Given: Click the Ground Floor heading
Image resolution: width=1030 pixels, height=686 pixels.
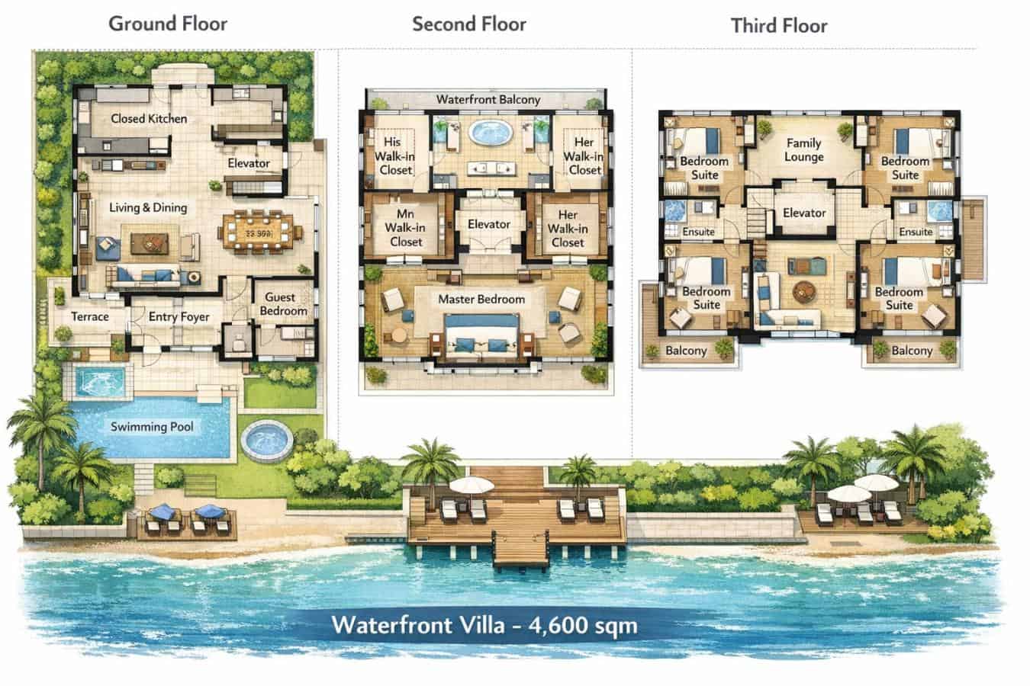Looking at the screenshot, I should tap(168, 24).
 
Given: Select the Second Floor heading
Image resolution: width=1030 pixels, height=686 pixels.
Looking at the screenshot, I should tap(468, 24).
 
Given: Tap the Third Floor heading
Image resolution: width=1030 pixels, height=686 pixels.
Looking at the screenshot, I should tap(778, 26).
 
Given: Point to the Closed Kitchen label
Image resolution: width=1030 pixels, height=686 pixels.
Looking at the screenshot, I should tap(149, 118).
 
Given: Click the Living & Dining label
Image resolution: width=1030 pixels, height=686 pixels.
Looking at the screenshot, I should tap(147, 207).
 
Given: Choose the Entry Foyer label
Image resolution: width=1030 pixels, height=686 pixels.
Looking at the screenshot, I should tap(179, 316).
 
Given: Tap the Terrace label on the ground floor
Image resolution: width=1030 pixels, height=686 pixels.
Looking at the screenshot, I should tap(90, 316).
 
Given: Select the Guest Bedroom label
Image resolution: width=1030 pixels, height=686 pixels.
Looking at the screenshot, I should tap(283, 304).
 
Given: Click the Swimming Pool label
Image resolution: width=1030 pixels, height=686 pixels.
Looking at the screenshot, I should tap(152, 427).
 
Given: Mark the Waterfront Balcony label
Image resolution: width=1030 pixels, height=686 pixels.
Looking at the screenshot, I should tap(488, 99).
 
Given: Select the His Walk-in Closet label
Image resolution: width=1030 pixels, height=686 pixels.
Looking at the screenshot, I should tap(394, 155).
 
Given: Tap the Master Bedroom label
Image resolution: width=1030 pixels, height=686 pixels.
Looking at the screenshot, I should tap(481, 299).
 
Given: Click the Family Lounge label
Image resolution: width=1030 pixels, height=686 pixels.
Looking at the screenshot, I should tap(803, 149).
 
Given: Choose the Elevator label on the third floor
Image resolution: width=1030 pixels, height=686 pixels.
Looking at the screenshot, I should tap(804, 213).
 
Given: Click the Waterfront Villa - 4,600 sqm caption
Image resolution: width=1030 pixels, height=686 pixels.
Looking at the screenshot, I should tap(484, 626).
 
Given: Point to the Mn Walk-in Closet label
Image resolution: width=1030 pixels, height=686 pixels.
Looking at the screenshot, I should tap(405, 228).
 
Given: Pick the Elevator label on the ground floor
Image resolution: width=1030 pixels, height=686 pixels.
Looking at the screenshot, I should tap(249, 163).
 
